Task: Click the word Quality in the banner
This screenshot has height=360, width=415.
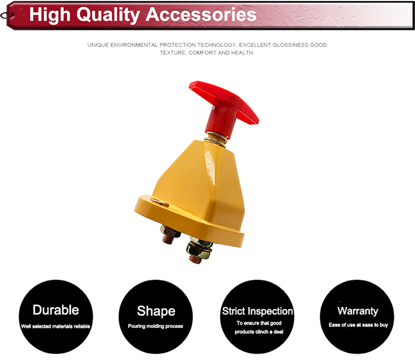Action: click(108, 15)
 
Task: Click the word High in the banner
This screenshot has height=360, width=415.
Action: click(50, 15)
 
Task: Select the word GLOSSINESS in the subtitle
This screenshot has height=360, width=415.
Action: click(290, 45)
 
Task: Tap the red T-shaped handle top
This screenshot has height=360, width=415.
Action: click(224, 102)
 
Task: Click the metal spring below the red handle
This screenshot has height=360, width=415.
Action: click(216, 139)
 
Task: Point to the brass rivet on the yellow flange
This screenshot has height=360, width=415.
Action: click(159, 202)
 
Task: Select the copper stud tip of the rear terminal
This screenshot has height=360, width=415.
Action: click(167, 240)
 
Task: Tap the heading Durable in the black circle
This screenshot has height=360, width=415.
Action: click(56, 310)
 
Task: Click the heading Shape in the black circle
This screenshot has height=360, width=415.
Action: click(156, 311)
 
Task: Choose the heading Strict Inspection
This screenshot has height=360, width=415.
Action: click(257, 311)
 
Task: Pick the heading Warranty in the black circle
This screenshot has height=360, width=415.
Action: click(357, 311)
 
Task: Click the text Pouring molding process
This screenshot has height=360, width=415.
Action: click(155, 326)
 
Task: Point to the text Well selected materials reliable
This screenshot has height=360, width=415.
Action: click(55, 326)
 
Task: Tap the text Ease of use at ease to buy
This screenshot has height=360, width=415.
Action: click(359, 325)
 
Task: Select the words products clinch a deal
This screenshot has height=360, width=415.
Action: click(259, 332)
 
